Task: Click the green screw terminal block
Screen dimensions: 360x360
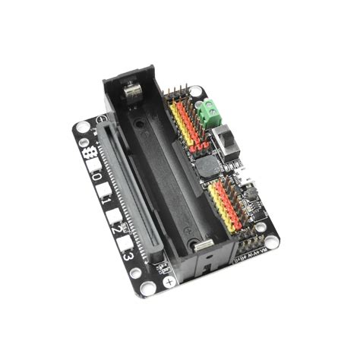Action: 208,113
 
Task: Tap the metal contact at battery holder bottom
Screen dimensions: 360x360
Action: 203,245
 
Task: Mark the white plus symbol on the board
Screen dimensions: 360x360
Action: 169,279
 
